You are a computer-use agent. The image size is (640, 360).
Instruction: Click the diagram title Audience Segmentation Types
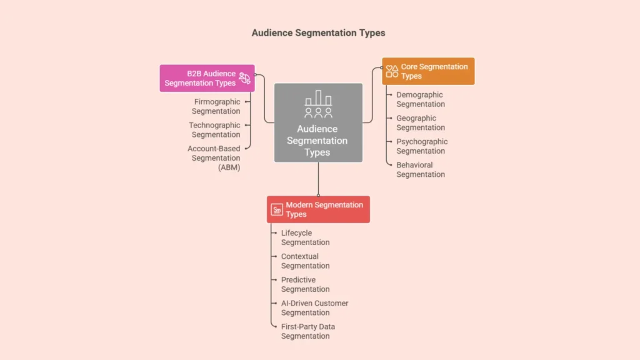(x=319, y=32)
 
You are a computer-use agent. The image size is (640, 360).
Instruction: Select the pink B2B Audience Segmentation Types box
(x=207, y=78)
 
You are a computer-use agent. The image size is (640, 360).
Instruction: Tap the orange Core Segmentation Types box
(x=428, y=71)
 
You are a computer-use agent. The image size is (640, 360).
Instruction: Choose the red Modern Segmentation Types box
(x=318, y=209)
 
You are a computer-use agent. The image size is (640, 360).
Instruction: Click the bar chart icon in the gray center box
(x=318, y=99)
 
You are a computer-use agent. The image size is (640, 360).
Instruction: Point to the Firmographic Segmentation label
(x=216, y=106)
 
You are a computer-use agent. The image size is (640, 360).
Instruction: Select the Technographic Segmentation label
(x=215, y=130)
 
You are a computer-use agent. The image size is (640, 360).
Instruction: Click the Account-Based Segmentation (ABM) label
(x=214, y=158)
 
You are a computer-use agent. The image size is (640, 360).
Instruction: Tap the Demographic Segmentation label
(x=421, y=99)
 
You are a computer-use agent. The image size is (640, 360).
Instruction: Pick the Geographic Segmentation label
(x=421, y=123)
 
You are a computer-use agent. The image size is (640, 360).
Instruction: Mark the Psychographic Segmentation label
(x=422, y=146)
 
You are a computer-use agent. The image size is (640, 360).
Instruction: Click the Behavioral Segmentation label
(x=421, y=170)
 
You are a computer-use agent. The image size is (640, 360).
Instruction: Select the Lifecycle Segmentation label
(x=305, y=237)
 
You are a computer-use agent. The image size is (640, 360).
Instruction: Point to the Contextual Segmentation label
(x=305, y=261)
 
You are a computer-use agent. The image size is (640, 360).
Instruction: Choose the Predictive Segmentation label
(x=305, y=284)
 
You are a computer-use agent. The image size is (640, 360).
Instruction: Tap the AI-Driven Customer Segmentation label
(x=314, y=308)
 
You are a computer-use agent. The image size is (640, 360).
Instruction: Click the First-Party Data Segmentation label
(x=307, y=331)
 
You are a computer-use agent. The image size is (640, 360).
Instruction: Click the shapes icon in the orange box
(x=392, y=71)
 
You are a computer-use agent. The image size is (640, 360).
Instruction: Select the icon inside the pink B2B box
(x=244, y=78)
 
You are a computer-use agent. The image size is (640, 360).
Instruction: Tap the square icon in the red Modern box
(x=277, y=210)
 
